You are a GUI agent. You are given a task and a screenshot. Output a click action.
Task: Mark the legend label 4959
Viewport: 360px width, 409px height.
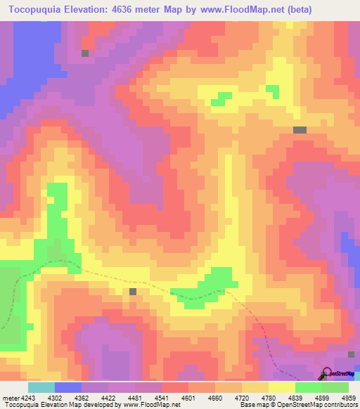tap(349, 397)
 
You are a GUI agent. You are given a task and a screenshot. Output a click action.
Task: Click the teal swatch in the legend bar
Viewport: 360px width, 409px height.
tap(41, 387)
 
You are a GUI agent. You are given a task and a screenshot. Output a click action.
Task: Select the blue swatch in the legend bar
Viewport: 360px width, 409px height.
tap(67, 387)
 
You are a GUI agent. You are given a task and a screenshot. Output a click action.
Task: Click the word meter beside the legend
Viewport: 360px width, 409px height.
tap(10, 397)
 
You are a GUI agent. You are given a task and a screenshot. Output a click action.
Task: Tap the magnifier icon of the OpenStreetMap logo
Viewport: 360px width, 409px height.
tap(326, 372)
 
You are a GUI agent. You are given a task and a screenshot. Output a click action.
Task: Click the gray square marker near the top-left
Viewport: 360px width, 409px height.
tap(85, 53)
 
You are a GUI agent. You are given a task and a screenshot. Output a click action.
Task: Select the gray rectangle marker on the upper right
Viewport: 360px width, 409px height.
tap(300, 130)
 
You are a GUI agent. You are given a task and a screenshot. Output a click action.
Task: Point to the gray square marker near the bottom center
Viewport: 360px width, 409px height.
tap(132, 291)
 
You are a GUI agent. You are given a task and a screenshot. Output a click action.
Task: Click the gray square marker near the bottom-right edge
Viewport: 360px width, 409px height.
tap(351, 354)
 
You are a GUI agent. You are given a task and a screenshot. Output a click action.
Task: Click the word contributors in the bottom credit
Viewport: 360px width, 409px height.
tap(340, 405)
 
